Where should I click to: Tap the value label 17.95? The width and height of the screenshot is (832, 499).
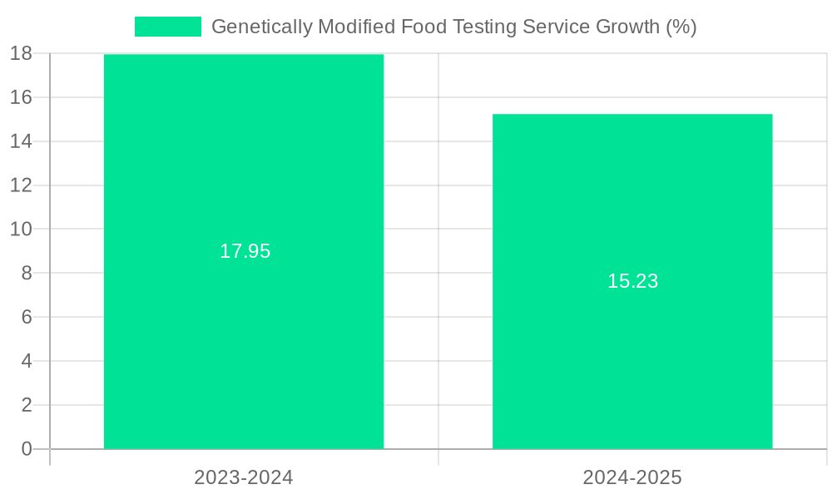coord(245,251)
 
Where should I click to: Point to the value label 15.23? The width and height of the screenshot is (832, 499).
coord(632,281)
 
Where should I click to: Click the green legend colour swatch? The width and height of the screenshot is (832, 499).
coord(167,27)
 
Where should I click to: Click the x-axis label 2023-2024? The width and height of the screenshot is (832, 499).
coord(244,477)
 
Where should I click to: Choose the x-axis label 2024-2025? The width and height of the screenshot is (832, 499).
coord(632,477)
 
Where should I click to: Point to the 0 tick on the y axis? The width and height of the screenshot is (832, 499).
coord(26,449)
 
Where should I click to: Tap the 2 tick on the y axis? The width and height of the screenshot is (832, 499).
coord(26,405)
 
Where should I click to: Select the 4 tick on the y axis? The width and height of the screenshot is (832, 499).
coord(26,361)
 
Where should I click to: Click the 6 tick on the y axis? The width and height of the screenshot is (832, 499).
coord(26,317)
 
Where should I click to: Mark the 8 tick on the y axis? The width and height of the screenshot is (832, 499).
coord(26,273)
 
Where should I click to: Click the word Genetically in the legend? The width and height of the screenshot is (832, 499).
coord(259,27)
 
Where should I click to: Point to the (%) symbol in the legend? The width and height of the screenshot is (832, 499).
coord(681,27)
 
